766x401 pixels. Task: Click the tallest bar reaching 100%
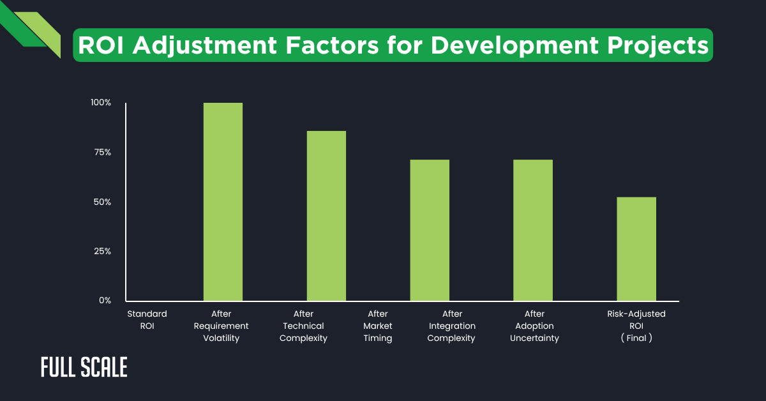point(223,201)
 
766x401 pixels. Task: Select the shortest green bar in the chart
point(636,249)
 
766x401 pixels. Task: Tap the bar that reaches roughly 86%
point(326,216)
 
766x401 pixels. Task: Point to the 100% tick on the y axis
point(101,103)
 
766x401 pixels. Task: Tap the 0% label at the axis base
point(105,300)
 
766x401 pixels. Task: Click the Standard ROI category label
point(147,320)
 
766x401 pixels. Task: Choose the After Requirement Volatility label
point(221,326)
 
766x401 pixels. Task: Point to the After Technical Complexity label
point(303,326)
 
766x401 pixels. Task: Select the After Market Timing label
point(378,326)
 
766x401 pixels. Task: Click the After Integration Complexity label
point(451,326)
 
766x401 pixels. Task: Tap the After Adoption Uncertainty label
point(534,326)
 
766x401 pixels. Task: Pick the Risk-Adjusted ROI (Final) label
point(636,326)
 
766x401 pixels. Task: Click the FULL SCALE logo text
point(84,367)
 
